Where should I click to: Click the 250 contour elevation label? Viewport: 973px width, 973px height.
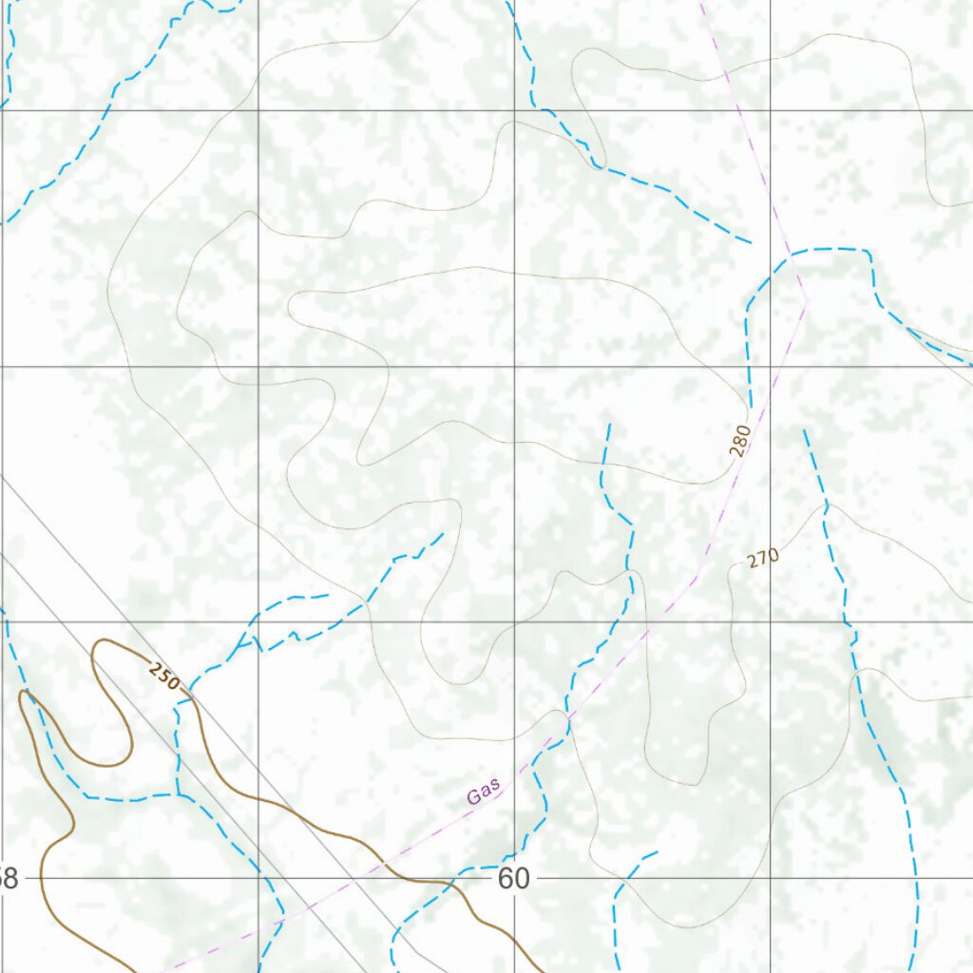coord(163,677)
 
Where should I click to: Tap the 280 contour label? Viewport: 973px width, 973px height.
coord(741,440)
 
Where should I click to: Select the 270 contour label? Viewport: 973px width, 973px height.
coord(763,558)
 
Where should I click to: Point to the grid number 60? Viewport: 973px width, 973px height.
coord(513,879)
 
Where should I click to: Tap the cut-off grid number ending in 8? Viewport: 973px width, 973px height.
coord(9,879)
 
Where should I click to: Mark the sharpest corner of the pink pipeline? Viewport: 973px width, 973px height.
coord(807,300)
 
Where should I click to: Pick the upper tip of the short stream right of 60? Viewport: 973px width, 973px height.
coord(658,852)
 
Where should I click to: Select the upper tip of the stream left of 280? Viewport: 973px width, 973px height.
coord(608,424)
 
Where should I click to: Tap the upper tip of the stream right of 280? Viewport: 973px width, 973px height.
coord(804,429)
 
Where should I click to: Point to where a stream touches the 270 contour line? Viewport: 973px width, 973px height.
coord(826,506)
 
